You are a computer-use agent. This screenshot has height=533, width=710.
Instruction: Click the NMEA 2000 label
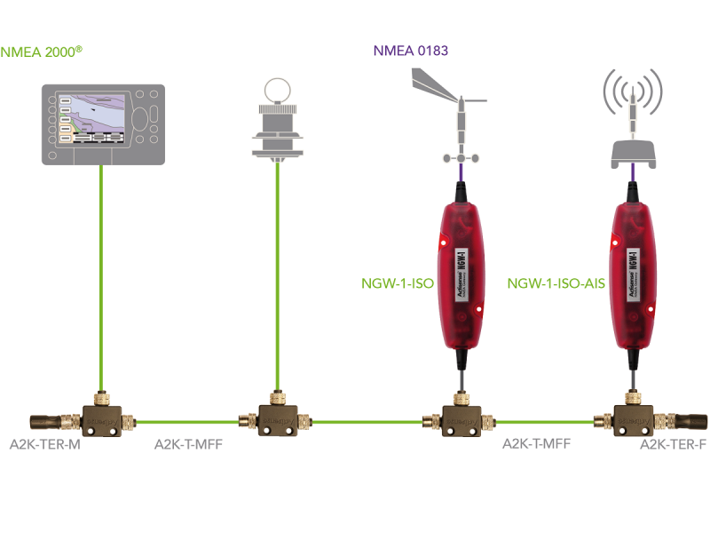(43, 52)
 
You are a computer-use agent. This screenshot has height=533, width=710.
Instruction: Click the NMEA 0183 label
(411, 52)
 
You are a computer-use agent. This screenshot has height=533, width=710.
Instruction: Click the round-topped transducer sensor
(278, 120)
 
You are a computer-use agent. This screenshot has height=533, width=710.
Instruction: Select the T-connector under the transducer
(278, 418)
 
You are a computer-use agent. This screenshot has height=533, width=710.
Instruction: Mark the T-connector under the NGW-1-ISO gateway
(460, 418)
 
